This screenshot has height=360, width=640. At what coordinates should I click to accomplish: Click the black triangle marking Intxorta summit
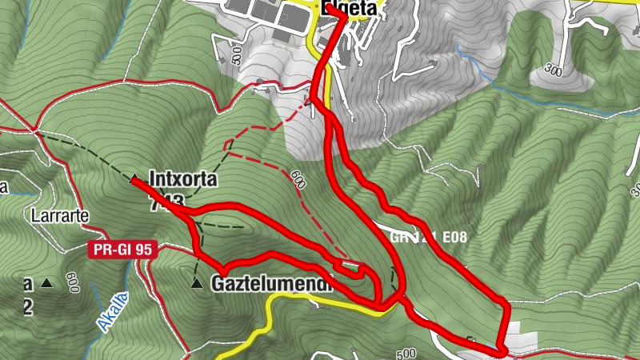(x=134, y=179)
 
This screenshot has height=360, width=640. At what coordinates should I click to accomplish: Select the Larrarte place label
(x=58, y=216)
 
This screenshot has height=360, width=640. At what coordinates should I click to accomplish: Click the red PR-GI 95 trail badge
(x=120, y=250)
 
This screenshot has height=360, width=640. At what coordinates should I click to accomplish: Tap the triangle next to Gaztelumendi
(x=196, y=283)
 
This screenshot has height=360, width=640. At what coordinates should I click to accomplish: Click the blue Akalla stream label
(x=112, y=313)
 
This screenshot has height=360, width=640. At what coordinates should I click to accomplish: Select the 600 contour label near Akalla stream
(x=73, y=282)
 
